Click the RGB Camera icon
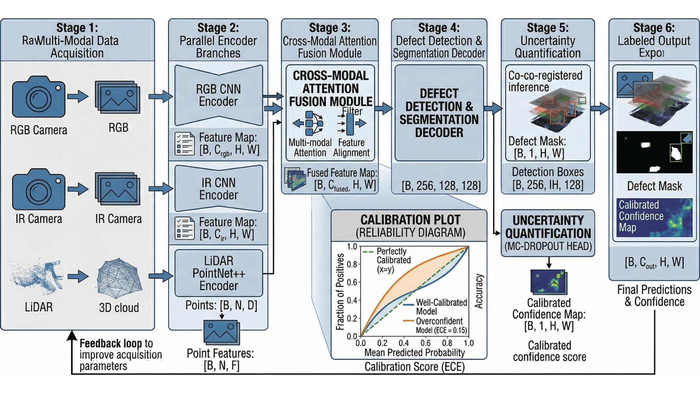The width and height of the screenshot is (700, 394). [38, 97]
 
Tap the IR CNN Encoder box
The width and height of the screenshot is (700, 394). [218, 189]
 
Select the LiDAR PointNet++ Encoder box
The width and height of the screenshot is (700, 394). [218, 273]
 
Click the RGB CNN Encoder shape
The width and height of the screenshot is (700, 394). [218, 95]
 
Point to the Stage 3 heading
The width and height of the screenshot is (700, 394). [330, 28]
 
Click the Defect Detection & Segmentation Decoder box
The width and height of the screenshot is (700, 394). [439, 113]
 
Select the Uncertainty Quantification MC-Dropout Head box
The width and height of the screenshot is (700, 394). [548, 233]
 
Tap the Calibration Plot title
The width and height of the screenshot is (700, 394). [410, 220]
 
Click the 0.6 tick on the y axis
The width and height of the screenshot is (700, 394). [352, 282]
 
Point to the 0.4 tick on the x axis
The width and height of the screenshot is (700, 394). [404, 343]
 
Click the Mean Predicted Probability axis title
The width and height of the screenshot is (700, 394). [415, 353]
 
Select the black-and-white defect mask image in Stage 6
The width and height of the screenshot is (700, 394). [654, 152]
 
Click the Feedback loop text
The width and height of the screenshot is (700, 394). [110, 344]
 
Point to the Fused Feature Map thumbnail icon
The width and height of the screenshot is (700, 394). [295, 179]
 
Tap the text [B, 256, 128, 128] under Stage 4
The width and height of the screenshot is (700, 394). [441, 186]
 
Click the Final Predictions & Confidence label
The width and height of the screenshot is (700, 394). [654, 295]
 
